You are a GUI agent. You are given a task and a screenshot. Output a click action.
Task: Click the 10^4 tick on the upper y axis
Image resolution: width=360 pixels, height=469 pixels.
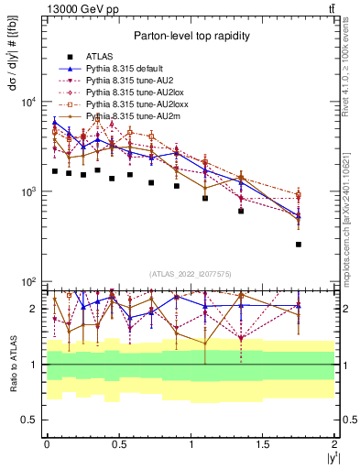29,102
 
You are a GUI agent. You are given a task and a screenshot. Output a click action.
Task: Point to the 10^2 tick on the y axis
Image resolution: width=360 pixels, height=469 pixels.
29,282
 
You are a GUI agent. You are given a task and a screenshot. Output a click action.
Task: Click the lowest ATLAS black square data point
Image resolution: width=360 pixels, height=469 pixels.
299,245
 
